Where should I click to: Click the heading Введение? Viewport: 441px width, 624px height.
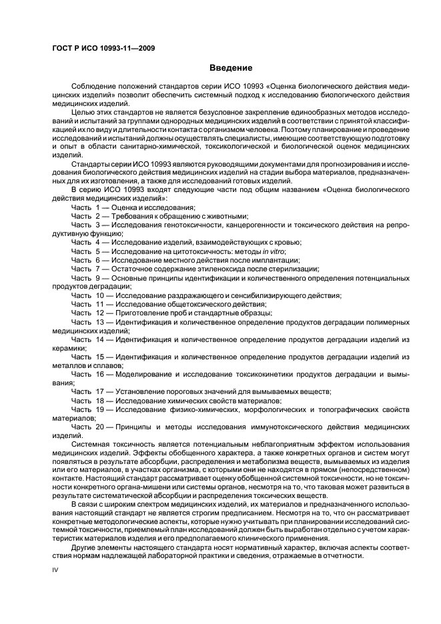pos(231,67)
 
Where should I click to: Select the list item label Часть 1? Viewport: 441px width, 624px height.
pos(85,208)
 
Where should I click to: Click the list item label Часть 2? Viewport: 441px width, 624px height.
pos(85,217)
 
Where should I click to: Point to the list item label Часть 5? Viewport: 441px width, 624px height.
pos(85,251)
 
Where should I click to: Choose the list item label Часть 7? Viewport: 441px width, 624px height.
pos(85,269)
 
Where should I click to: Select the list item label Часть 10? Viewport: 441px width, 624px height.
pos(87,295)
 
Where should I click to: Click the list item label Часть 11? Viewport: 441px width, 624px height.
pos(87,304)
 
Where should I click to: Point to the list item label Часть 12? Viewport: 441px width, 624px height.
pos(87,313)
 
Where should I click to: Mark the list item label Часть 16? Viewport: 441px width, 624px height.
pos(87,374)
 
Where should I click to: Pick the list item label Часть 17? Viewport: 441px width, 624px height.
pos(87,391)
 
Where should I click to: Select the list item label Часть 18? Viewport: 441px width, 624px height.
pos(87,400)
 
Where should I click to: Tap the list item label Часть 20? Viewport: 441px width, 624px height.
pos(87,427)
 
